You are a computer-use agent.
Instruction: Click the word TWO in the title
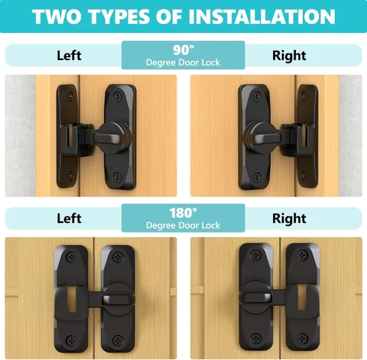pyautogui.click(x=57, y=17)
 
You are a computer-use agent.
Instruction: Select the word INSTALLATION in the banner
pyautogui.click(x=262, y=17)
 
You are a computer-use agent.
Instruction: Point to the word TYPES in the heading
pyautogui.click(x=119, y=17)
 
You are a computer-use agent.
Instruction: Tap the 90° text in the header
pyautogui.click(x=183, y=50)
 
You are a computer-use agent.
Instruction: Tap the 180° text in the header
pyautogui.click(x=183, y=213)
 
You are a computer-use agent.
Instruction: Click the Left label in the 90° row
pyautogui.click(x=69, y=56)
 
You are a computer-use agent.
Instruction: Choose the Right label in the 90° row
pyautogui.click(x=289, y=56)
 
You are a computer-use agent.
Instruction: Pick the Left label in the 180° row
pyautogui.click(x=69, y=218)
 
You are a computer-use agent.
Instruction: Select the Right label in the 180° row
pyautogui.click(x=289, y=219)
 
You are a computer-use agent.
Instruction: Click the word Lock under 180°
pyautogui.click(x=211, y=225)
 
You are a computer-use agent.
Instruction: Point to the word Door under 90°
pyautogui.click(x=189, y=62)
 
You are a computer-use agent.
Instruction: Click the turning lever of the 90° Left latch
pyautogui.click(x=107, y=139)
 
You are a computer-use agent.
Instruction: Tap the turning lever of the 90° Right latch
pyautogui.click(x=268, y=139)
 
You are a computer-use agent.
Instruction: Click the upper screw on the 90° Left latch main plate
pyautogui.click(x=117, y=96)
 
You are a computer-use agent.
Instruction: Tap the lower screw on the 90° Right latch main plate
pyautogui.click(x=257, y=177)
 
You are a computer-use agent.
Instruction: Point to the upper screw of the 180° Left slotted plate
pyautogui.click(x=71, y=257)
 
